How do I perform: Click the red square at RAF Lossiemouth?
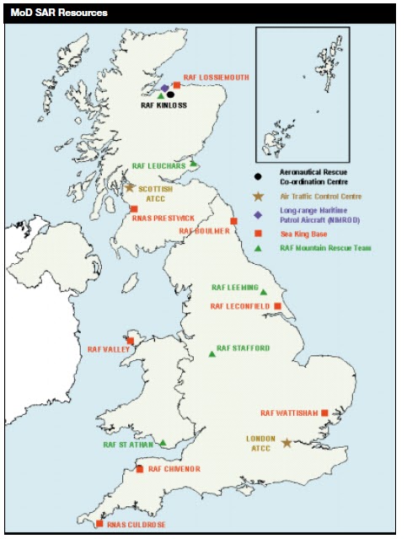(x=177, y=84)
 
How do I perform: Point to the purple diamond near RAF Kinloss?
(x=165, y=88)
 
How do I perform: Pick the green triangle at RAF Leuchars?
(x=193, y=164)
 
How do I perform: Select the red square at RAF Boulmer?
(x=233, y=222)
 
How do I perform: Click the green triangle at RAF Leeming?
(x=264, y=292)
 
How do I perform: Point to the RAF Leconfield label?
(x=240, y=305)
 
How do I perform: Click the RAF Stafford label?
(x=244, y=348)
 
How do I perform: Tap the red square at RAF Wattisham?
(x=324, y=412)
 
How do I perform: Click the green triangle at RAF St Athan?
(x=163, y=442)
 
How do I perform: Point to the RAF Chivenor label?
(x=174, y=469)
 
